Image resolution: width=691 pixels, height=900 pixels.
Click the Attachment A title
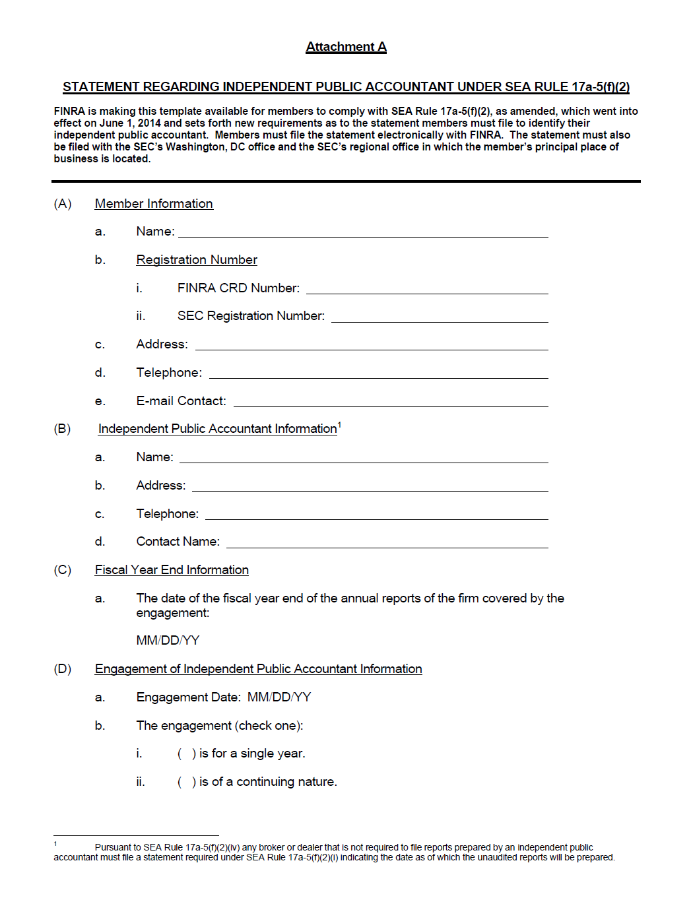(346, 47)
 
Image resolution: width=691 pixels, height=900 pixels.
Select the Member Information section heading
(154, 204)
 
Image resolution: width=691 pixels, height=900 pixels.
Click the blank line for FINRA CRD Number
(427, 290)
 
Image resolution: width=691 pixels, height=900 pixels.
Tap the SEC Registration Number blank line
(440, 319)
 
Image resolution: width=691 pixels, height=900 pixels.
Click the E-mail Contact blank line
(391, 403)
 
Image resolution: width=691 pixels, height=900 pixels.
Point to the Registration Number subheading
(197, 260)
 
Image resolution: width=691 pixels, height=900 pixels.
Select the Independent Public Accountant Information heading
(217, 429)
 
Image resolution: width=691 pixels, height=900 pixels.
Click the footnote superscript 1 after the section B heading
(339, 425)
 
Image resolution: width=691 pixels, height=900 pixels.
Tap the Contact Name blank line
(387, 544)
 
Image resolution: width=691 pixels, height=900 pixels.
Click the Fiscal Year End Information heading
(172, 570)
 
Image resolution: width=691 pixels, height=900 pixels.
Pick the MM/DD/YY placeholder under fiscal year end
(168, 641)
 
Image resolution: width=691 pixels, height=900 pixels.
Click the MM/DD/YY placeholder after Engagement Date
(279, 697)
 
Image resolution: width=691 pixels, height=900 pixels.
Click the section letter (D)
(63, 669)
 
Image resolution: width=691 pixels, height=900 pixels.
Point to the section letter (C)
(63, 570)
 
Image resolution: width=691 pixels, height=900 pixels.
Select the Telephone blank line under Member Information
(378, 375)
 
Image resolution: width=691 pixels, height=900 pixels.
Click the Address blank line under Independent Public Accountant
(370, 488)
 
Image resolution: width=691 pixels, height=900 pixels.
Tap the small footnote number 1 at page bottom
(55, 843)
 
